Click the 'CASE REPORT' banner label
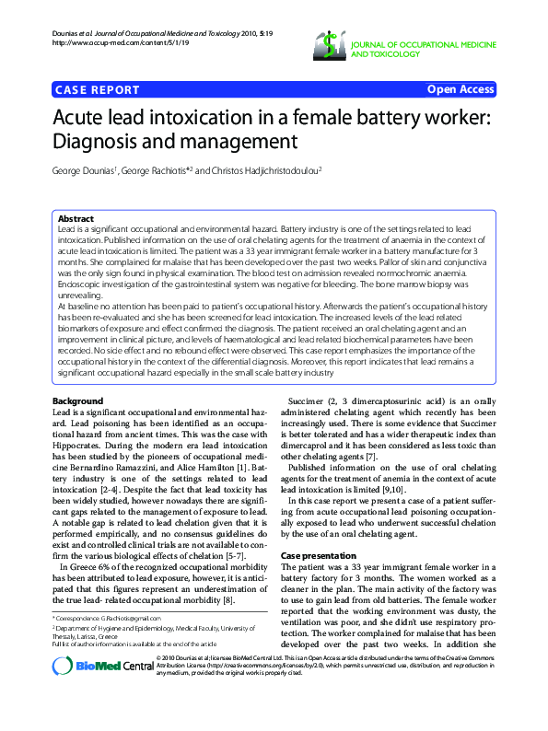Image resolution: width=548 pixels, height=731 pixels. click(98, 89)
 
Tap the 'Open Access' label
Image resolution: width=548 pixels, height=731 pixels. click(461, 89)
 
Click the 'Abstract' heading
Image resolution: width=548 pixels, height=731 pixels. click(76, 218)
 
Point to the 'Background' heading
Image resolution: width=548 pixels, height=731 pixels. click(77, 402)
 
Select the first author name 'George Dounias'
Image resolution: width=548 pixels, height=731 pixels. click(86, 170)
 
